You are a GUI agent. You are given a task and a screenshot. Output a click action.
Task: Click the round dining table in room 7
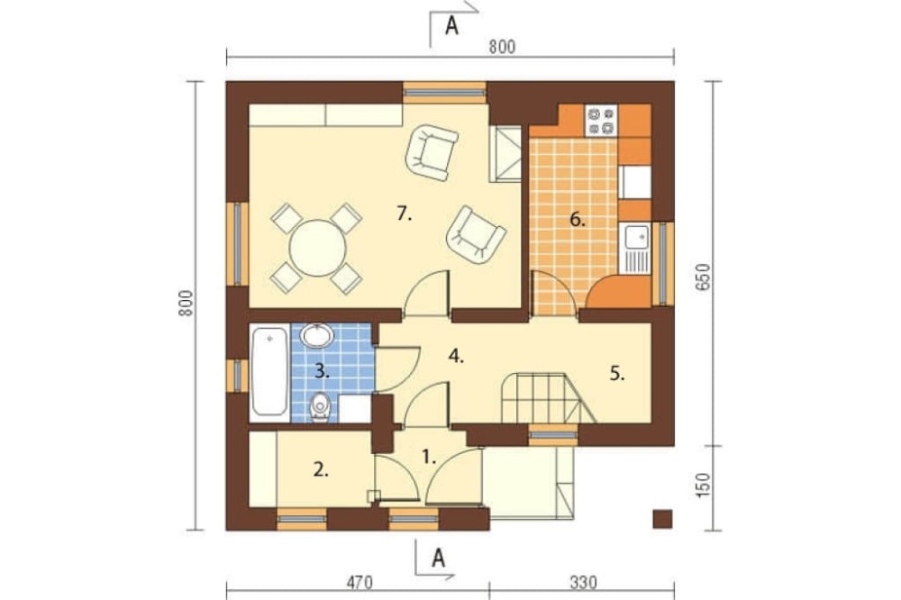pos(317,249)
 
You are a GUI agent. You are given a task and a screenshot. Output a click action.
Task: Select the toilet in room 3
pos(320,407)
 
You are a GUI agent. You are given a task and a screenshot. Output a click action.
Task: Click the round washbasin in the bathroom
pos(317,336)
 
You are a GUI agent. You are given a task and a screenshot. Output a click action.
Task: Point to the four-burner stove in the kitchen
pos(600,120)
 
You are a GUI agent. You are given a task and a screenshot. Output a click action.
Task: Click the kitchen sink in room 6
pos(636,247)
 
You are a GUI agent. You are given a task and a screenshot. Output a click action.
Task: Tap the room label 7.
pos(405,214)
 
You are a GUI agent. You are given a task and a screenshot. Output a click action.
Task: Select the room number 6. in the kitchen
pos(578,219)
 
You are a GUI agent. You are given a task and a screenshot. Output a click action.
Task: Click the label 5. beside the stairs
pos(617,374)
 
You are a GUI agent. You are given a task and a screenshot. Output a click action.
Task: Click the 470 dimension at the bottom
pos(359,582)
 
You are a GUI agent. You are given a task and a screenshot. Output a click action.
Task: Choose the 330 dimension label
pos(583,582)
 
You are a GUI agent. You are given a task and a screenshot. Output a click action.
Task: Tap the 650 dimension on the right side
pos(704,277)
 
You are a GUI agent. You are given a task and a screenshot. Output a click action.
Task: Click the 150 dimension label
pos(704,485)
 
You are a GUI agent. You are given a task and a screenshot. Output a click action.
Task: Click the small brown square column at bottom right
pos(662,518)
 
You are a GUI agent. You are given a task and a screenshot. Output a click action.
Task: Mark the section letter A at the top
pos(452,26)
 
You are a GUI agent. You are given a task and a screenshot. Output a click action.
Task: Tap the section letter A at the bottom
pos(439,558)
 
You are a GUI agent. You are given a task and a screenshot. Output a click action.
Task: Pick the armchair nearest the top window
pos(431,152)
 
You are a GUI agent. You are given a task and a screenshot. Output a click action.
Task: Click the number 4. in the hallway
pos(456,357)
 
